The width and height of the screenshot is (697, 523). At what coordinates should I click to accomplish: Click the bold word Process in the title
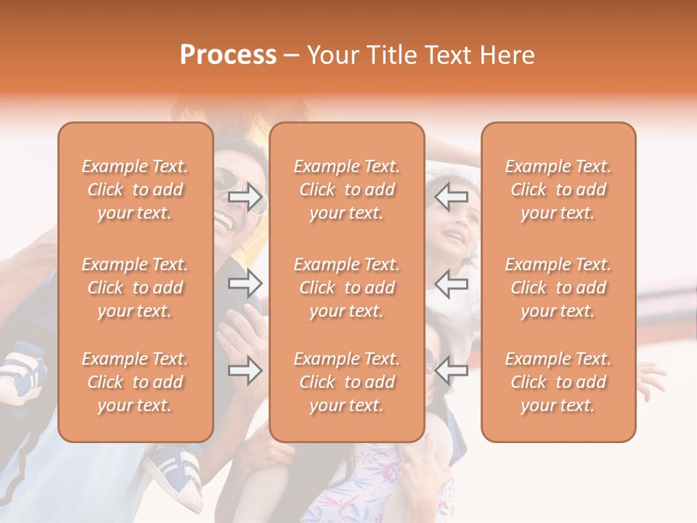[228, 55]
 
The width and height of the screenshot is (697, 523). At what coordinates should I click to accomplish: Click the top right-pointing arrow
[245, 197]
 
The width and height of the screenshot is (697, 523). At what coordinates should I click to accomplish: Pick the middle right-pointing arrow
[245, 283]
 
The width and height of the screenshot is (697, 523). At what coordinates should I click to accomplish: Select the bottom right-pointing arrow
[245, 371]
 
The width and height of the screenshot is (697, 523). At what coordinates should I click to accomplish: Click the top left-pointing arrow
[452, 196]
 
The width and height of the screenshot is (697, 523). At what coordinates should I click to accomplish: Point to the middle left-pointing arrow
[452, 283]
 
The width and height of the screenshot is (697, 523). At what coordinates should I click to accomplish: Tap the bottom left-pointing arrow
[452, 370]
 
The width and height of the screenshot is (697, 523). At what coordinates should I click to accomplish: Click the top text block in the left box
[135, 190]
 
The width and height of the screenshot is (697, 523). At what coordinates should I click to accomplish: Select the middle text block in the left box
[135, 288]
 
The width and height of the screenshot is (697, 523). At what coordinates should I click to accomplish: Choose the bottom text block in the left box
[135, 382]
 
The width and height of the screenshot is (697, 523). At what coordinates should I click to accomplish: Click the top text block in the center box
[347, 190]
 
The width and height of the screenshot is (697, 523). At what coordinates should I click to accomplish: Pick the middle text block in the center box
[347, 288]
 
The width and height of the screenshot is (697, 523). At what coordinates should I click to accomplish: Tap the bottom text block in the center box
[347, 382]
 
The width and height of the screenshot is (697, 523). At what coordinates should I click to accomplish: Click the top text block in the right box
[558, 190]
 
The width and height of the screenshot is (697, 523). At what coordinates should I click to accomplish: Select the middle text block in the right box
[558, 288]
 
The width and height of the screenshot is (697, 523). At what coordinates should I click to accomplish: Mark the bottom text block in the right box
[558, 382]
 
